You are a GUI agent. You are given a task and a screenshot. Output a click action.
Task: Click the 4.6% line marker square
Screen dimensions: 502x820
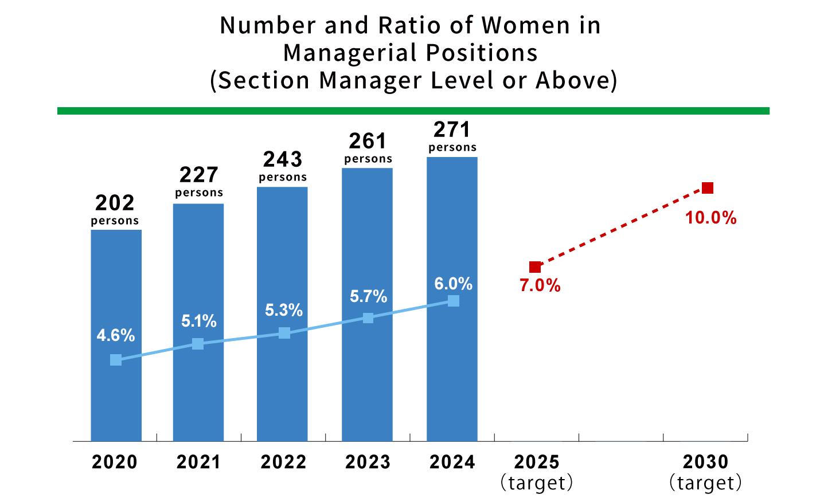(116, 360)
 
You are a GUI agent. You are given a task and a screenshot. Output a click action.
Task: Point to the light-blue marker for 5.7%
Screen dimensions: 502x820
(368, 317)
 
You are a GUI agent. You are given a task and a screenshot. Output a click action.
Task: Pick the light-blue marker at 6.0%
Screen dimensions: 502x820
(454, 301)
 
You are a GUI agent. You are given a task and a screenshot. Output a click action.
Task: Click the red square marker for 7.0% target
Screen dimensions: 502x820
(535, 267)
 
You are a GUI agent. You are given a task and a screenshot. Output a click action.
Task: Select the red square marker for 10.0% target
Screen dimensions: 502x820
(708, 188)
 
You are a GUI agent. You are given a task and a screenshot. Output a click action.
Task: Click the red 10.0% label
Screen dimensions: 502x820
(710, 218)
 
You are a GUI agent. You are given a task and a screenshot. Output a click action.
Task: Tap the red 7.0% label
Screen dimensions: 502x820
(540, 285)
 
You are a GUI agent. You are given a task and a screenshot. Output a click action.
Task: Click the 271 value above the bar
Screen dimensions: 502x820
(452, 130)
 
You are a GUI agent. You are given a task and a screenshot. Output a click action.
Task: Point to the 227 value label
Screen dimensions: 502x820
(198, 175)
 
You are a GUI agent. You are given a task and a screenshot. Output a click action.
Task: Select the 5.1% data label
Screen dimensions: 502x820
(198, 321)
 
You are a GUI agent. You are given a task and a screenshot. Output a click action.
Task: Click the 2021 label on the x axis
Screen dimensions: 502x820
(198, 462)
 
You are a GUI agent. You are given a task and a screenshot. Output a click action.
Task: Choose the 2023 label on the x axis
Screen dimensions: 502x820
(368, 462)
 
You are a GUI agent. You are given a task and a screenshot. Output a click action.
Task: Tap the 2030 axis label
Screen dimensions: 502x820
(705, 462)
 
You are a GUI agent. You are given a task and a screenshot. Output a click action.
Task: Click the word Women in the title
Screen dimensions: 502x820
(526, 26)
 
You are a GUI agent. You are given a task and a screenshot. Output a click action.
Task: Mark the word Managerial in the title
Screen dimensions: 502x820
(351, 53)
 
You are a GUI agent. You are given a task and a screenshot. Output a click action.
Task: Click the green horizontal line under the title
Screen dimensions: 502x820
(413, 111)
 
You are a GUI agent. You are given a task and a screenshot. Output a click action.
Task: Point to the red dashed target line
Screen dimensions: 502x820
(621, 228)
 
